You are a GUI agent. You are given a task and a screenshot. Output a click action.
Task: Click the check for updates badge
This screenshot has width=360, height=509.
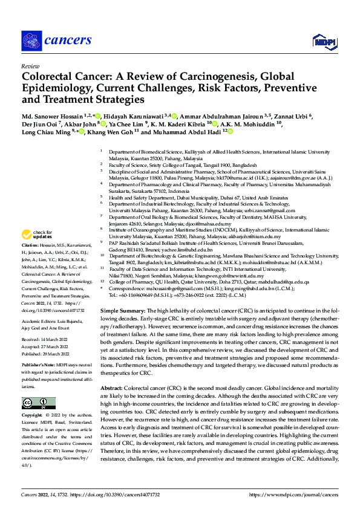pyautogui.click(x=38, y=234)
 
